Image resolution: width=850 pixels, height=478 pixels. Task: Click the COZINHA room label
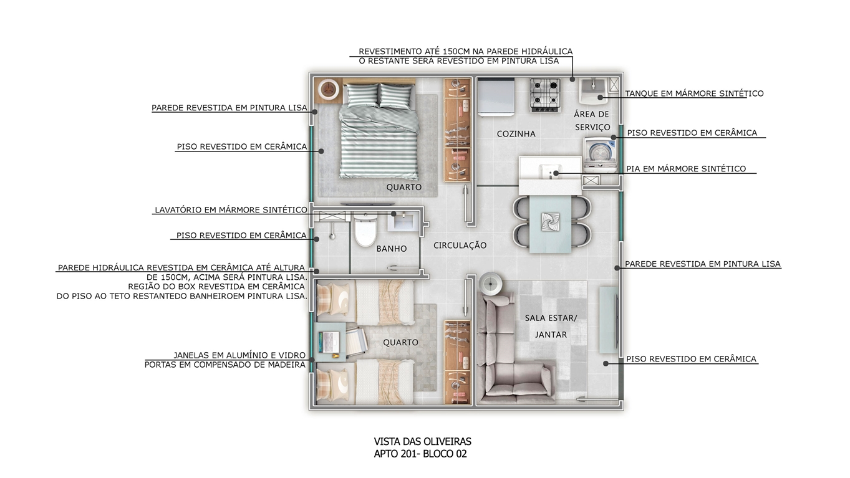click(x=516, y=134)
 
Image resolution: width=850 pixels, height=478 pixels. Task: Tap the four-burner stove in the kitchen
click(x=545, y=95)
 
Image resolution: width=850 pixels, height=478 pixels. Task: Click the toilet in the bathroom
click(x=365, y=229)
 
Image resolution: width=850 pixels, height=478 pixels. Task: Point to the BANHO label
click(x=392, y=249)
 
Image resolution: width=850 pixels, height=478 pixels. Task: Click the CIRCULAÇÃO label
click(x=460, y=246)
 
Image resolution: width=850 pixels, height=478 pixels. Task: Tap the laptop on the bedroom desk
click(x=329, y=342)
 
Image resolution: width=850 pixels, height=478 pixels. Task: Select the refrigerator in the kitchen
click(x=496, y=97)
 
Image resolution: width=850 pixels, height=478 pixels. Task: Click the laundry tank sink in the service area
click(x=594, y=91)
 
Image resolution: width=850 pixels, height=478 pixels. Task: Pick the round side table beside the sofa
click(x=491, y=284)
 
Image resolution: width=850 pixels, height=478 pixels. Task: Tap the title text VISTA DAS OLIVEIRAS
click(x=422, y=442)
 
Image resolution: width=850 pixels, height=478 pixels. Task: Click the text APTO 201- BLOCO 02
click(x=420, y=454)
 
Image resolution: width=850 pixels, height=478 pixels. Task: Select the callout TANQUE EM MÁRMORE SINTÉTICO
click(x=694, y=93)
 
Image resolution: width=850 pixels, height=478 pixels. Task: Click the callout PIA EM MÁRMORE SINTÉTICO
click(x=686, y=169)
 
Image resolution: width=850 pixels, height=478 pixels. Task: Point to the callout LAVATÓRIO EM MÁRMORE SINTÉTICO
click(x=231, y=210)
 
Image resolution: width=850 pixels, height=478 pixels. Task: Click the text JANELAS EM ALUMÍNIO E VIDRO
click(x=239, y=355)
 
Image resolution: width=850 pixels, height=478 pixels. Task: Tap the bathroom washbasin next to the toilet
click(x=403, y=222)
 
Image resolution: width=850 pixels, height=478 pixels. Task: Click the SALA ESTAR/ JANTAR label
click(x=551, y=327)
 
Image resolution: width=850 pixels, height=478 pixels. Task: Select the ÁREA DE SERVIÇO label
click(x=592, y=120)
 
